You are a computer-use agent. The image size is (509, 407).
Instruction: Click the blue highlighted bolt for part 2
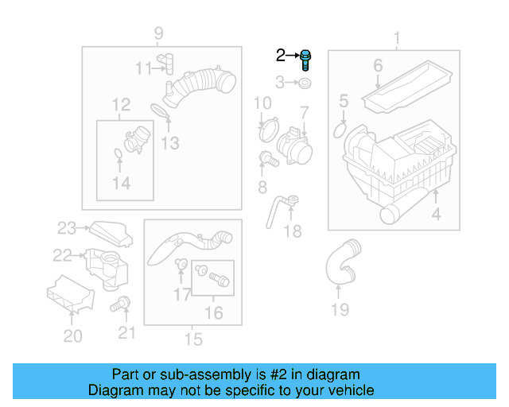[x=306, y=60]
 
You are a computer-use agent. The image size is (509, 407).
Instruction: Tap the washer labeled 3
[x=307, y=82]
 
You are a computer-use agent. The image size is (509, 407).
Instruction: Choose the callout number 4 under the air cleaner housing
[x=436, y=214]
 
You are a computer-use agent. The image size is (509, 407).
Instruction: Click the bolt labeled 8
[x=269, y=159]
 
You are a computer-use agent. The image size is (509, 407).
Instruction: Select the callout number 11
[x=142, y=68]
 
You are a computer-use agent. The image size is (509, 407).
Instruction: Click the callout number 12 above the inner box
[x=121, y=104]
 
